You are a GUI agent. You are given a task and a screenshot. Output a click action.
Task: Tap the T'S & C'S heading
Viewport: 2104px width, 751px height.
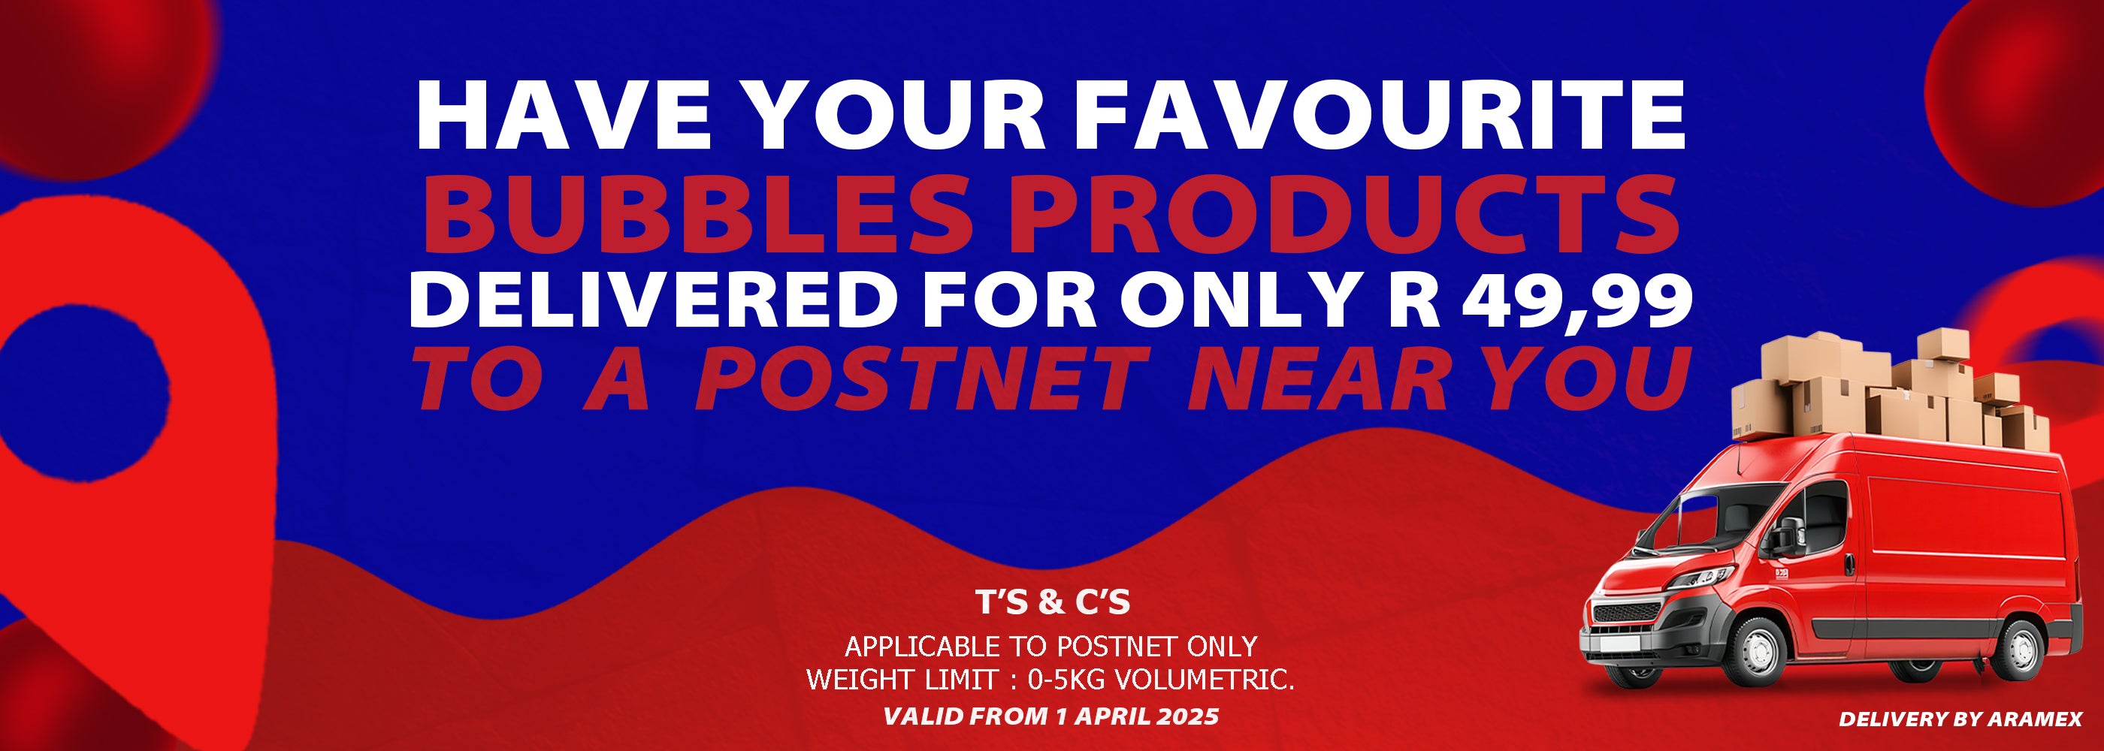[1053, 602]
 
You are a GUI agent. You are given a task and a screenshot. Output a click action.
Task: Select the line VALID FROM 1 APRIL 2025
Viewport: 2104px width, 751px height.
[1051, 716]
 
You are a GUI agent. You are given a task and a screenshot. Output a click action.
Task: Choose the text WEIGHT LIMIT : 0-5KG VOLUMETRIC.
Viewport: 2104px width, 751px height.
[1051, 679]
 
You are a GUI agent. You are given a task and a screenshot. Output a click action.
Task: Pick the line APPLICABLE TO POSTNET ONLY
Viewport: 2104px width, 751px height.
[1050, 647]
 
